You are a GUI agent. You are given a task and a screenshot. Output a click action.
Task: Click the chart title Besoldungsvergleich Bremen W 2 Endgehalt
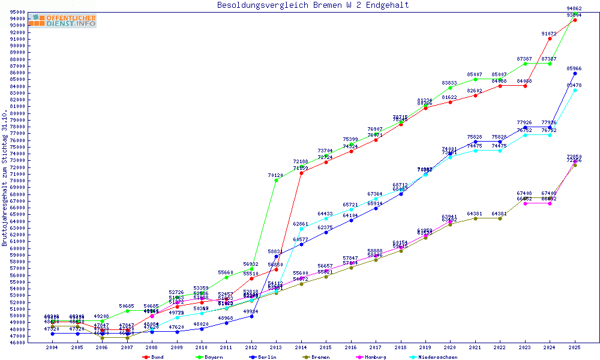313,5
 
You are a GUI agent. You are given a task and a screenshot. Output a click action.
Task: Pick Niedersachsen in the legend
436,356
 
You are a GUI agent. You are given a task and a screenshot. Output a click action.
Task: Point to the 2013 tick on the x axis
276,347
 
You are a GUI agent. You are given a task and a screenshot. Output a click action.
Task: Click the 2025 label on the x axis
575,347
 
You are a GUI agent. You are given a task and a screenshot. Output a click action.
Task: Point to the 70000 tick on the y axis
17,181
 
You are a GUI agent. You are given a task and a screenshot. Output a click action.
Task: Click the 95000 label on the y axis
17,12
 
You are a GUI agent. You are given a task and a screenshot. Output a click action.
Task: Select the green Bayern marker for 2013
276,180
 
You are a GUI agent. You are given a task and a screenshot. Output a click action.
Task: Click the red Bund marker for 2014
301,173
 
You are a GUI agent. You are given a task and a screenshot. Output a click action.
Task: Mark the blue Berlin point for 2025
575,73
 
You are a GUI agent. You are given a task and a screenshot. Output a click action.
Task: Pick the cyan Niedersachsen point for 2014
301,229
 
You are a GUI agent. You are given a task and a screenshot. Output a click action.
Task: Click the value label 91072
549,34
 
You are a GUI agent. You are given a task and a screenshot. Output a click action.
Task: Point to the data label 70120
275,175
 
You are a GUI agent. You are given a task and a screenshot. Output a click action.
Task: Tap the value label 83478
574,85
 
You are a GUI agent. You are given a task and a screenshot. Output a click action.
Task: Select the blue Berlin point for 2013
276,256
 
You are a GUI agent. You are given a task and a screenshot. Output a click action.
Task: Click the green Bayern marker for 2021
475,79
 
